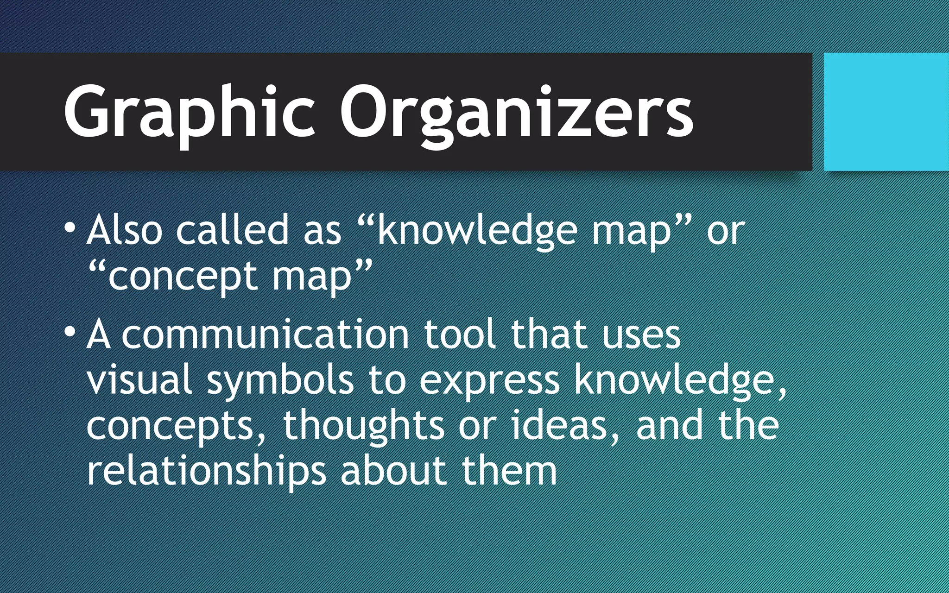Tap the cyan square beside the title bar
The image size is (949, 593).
click(x=886, y=112)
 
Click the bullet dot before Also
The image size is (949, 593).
click(x=70, y=228)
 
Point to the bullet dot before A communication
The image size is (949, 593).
click(x=70, y=332)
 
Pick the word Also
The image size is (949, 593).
click(x=124, y=230)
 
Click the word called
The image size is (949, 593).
click(x=232, y=230)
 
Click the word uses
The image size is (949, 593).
click(x=641, y=334)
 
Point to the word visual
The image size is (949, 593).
click(x=139, y=380)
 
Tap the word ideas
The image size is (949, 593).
click(x=559, y=425)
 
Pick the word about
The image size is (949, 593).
click(x=394, y=471)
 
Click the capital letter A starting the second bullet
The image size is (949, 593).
click(x=99, y=334)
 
